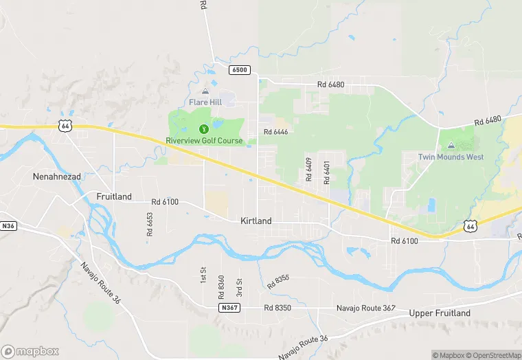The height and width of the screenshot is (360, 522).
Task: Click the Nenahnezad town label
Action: tap(57, 177)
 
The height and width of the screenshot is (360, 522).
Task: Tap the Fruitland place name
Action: tap(114, 196)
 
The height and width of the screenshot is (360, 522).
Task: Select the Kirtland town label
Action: tap(256, 221)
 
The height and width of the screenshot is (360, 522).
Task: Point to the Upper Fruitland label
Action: tap(440, 313)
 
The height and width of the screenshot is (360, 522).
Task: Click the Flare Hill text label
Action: tap(205, 102)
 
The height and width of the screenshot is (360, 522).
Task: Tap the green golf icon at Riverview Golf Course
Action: tap(204, 128)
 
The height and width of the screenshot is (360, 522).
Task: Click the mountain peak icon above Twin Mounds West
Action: tap(451, 146)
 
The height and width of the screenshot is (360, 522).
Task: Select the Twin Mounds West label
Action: tap(451, 157)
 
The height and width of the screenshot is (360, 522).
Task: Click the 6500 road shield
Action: tap(240, 70)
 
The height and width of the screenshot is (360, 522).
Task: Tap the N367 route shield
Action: tap(229, 307)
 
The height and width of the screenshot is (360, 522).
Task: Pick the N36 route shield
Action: tap(8, 225)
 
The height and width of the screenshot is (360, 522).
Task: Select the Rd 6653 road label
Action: tap(150, 224)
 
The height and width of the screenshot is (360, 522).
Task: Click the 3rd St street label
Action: tap(239, 286)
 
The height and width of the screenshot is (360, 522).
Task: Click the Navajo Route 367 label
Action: tap(365, 308)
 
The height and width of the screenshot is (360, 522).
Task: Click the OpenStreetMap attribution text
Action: tap(493, 355)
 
